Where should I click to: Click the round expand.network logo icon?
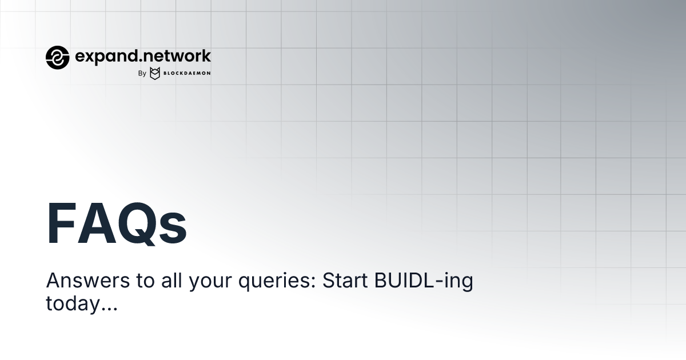57,57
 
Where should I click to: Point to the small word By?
142,73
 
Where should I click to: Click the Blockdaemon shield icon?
154,73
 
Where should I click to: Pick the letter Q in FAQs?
141,224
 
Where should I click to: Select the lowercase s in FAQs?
174,229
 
